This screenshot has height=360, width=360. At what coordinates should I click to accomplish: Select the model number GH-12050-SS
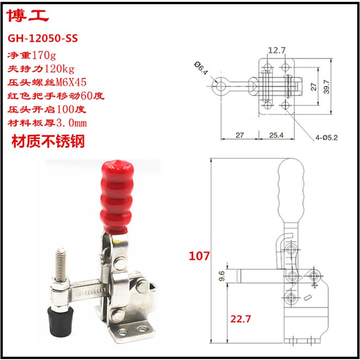pyautogui.click(x=43, y=39)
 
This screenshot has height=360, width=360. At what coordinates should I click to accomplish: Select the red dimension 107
pyautogui.click(x=199, y=256)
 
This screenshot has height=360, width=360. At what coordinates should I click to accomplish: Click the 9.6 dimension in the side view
pyautogui.click(x=220, y=275)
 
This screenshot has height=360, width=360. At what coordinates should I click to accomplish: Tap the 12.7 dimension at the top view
pyautogui.click(x=275, y=50)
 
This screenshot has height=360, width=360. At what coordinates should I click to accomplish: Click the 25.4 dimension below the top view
pyautogui.click(x=274, y=135)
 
